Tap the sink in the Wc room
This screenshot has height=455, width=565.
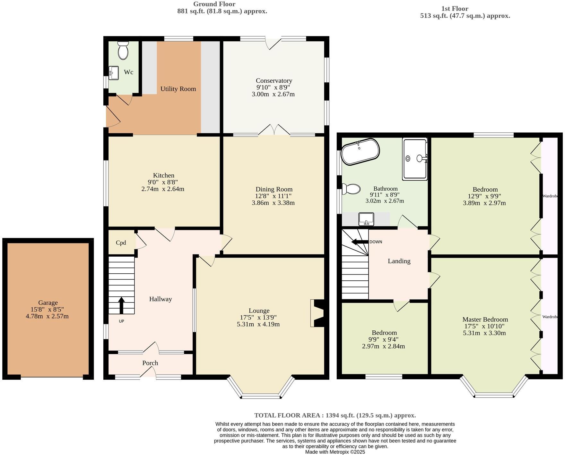[113, 73]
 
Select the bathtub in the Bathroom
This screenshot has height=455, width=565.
[360, 152]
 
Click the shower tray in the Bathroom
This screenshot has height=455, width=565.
[415, 159]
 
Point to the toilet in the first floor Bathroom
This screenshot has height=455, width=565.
[352, 189]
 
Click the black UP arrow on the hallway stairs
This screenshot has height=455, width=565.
[121, 305]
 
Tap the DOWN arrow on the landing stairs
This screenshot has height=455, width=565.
[360, 242]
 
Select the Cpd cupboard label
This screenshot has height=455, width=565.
[121, 243]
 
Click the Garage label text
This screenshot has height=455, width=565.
[48, 302]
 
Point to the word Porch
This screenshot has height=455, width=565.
[150, 363]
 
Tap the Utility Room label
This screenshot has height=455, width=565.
[178, 89]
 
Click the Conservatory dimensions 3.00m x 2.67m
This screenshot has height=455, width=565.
[273, 94]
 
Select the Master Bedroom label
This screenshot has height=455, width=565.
[485, 319]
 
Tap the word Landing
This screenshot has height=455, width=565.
[399, 261]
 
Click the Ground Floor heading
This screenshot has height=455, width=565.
[214, 4]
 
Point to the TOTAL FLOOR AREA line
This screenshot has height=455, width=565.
[335, 415]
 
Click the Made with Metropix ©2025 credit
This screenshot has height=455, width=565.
[335, 452]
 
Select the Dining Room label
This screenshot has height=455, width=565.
[274, 189]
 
